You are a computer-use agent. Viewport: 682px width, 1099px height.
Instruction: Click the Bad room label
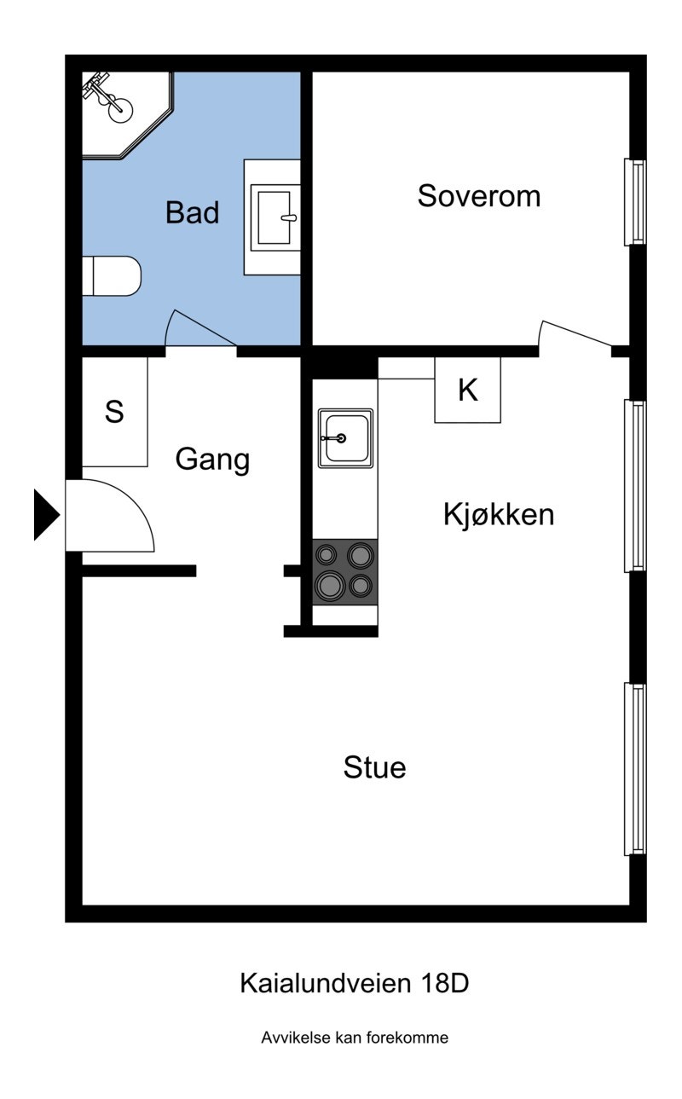(x=192, y=212)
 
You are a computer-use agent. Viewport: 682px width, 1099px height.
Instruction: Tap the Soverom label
(x=478, y=196)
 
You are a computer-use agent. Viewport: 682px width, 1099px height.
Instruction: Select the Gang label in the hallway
(x=212, y=460)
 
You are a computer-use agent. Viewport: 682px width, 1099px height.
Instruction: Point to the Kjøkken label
(x=499, y=515)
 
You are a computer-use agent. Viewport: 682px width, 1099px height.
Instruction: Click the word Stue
(x=374, y=767)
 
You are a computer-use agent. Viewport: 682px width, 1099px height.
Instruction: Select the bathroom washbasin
(x=274, y=217)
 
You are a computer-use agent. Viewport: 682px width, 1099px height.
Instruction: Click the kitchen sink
(x=345, y=438)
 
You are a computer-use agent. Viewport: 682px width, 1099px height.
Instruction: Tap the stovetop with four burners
(x=345, y=572)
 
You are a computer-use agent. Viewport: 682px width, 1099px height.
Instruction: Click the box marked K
(x=467, y=390)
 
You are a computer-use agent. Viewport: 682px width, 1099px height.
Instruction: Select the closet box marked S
(x=114, y=412)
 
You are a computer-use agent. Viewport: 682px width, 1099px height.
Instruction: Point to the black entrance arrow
(x=45, y=515)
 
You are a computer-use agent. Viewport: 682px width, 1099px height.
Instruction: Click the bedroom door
(x=575, y=335)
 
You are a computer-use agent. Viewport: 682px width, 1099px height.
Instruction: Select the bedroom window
(x=635, y=201)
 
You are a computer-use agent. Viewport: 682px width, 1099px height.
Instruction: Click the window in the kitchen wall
(x=635, y=485)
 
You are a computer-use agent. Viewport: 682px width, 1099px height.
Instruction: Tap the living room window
(x=635, y=768)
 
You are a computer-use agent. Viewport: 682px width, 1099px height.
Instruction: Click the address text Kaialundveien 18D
(x=354, y=983)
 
